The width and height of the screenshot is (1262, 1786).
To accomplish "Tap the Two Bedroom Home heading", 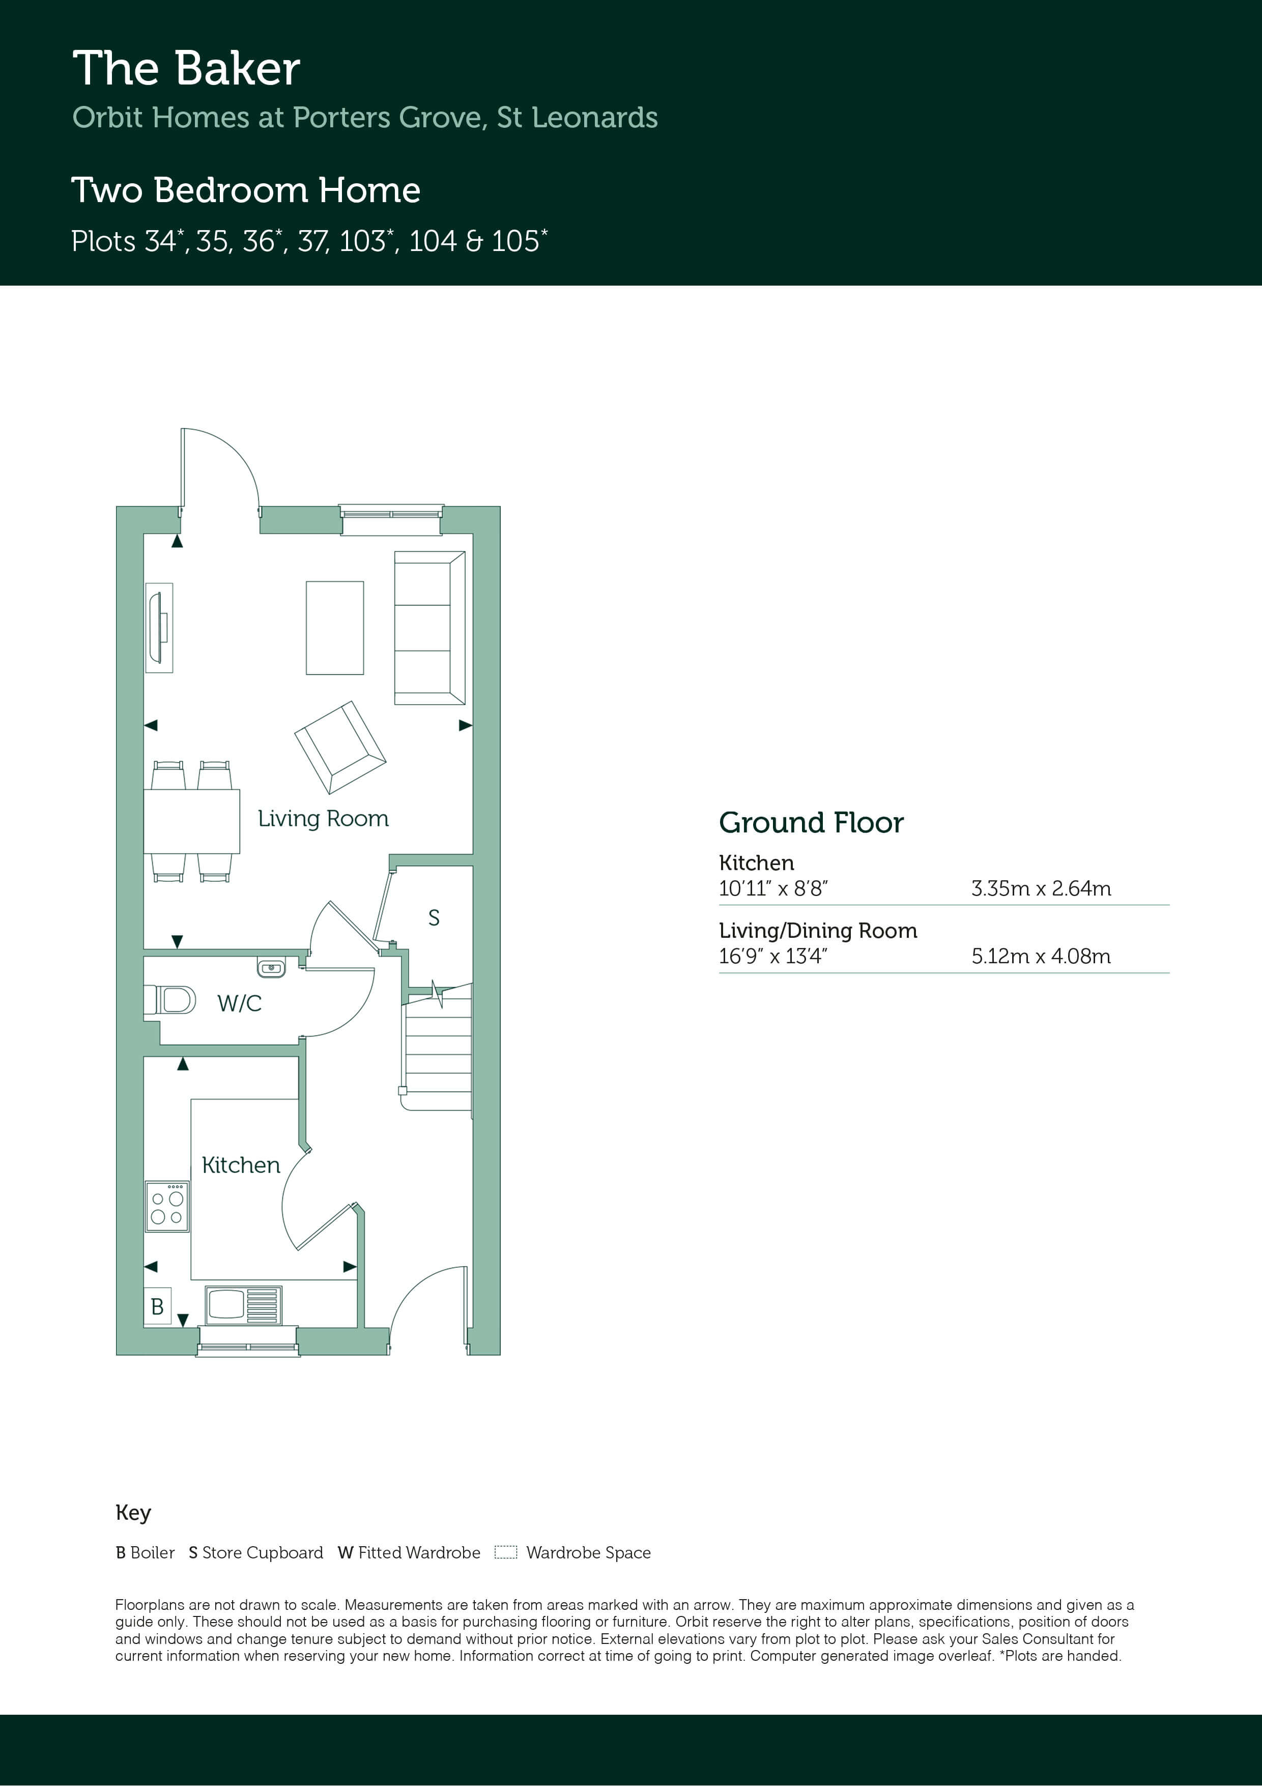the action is (246, 190).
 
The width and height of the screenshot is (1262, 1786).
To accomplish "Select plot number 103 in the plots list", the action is (362, 241).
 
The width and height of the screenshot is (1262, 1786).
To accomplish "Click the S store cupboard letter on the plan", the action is (434, 918).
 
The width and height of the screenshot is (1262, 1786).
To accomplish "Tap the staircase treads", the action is (437, 1046).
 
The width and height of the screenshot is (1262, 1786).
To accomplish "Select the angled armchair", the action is (340, 747).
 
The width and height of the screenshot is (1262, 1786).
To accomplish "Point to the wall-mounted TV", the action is (159, 628).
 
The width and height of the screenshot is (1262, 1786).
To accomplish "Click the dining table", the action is (191, 821).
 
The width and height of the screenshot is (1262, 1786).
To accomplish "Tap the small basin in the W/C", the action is (271, 968).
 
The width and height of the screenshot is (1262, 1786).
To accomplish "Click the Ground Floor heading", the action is (811, 823).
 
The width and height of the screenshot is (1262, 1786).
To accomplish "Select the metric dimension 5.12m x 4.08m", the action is (1041, 956).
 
